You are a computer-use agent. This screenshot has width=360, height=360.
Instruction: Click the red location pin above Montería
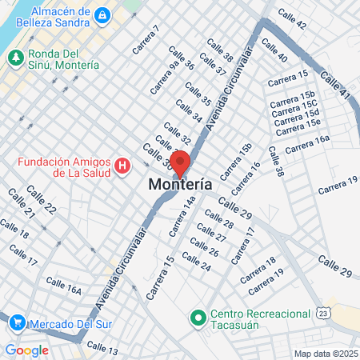tap(180, 163)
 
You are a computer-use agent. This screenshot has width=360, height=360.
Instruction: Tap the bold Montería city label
tap(181, 184)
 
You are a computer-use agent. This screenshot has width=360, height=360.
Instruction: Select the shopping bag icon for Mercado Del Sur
tap(17, 323)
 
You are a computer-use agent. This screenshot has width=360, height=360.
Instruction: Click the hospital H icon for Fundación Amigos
tap(122, 166)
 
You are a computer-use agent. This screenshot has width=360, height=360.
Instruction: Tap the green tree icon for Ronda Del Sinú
tap(14, 58)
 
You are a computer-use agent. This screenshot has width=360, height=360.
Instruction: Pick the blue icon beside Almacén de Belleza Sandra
tap(102, 14)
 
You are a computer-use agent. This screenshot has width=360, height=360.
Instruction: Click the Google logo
tap(26, 350)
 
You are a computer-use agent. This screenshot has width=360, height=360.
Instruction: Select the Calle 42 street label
tap(290, 19)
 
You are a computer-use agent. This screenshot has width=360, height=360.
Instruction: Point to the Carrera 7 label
tap(146, 40)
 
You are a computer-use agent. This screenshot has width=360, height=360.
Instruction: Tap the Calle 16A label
tap(64, 286)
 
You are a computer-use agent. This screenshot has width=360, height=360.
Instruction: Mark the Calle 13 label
tap(102, 347)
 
